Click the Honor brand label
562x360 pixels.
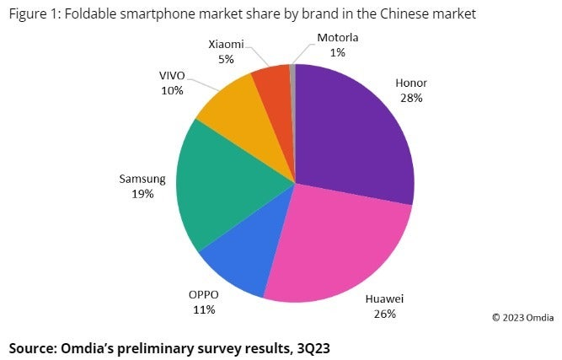click(x=412, y=83)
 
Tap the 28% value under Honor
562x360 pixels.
click(x=412, y=98)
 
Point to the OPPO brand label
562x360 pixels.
click(x=203, y=295)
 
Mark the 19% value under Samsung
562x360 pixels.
click(x=142, y=194)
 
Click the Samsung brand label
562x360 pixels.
click(x=142, y=180)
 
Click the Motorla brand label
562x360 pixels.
click(x=338, y=38)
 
